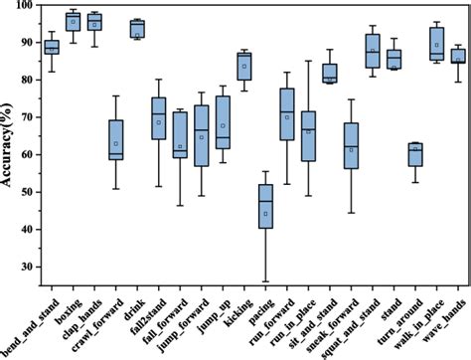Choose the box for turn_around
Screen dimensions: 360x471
[415, 154]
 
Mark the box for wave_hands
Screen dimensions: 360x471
[459, 56]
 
